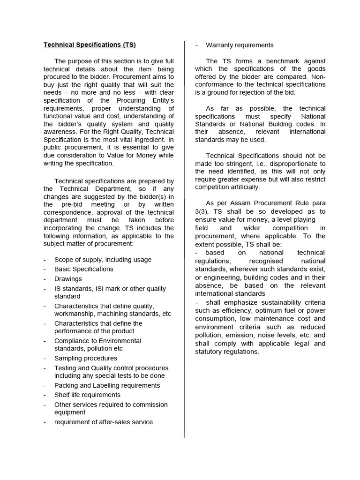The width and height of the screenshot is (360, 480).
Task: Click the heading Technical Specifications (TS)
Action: click(x=90, y=45)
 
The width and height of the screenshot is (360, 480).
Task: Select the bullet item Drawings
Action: click(x=68, y=279)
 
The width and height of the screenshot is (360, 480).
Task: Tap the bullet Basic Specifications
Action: click(x=83, y=269)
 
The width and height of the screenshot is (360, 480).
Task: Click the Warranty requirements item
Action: click(x=240, y=45)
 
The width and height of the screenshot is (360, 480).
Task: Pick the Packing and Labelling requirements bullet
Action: click(x=107, y=385)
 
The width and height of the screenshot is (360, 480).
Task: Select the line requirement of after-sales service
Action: click(x=103, y=422)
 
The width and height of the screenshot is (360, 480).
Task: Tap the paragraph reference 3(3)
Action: click(x=202, y=211)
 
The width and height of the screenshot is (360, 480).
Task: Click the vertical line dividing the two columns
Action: click(x=185, y=234)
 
